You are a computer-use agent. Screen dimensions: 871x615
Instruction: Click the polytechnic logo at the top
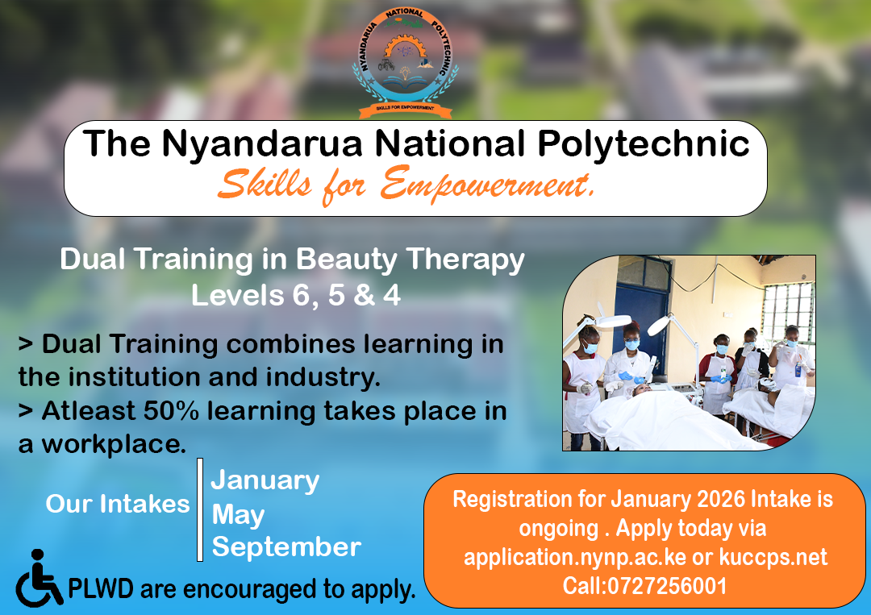click(405, 62)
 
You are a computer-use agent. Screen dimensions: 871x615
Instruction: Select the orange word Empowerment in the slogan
click(486, 185)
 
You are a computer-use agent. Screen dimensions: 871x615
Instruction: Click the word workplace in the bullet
click(113, 445)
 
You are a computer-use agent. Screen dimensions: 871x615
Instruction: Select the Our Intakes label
click(118, 504)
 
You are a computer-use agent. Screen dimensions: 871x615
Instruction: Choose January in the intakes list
click(265, 480)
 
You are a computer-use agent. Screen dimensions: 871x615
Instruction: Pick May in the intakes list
click(238, 514)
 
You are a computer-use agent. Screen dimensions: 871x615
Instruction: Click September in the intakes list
click(286, 547)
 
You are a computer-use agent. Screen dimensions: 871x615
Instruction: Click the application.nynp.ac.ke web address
click(575, 557)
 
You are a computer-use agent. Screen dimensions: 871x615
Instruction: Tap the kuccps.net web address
click(773, 557)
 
